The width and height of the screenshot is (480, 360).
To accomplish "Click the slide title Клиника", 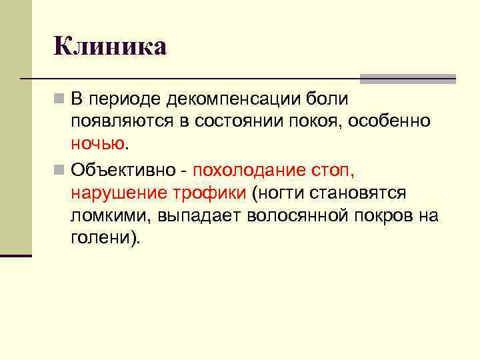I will click(110, 46).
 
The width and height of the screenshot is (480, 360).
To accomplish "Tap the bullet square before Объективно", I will click(59, 169).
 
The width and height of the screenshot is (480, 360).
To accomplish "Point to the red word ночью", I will click(97, 143).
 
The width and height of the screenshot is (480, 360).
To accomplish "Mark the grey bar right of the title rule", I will click(407, 79).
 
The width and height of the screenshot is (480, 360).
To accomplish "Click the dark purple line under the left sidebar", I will click(15, 255).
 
